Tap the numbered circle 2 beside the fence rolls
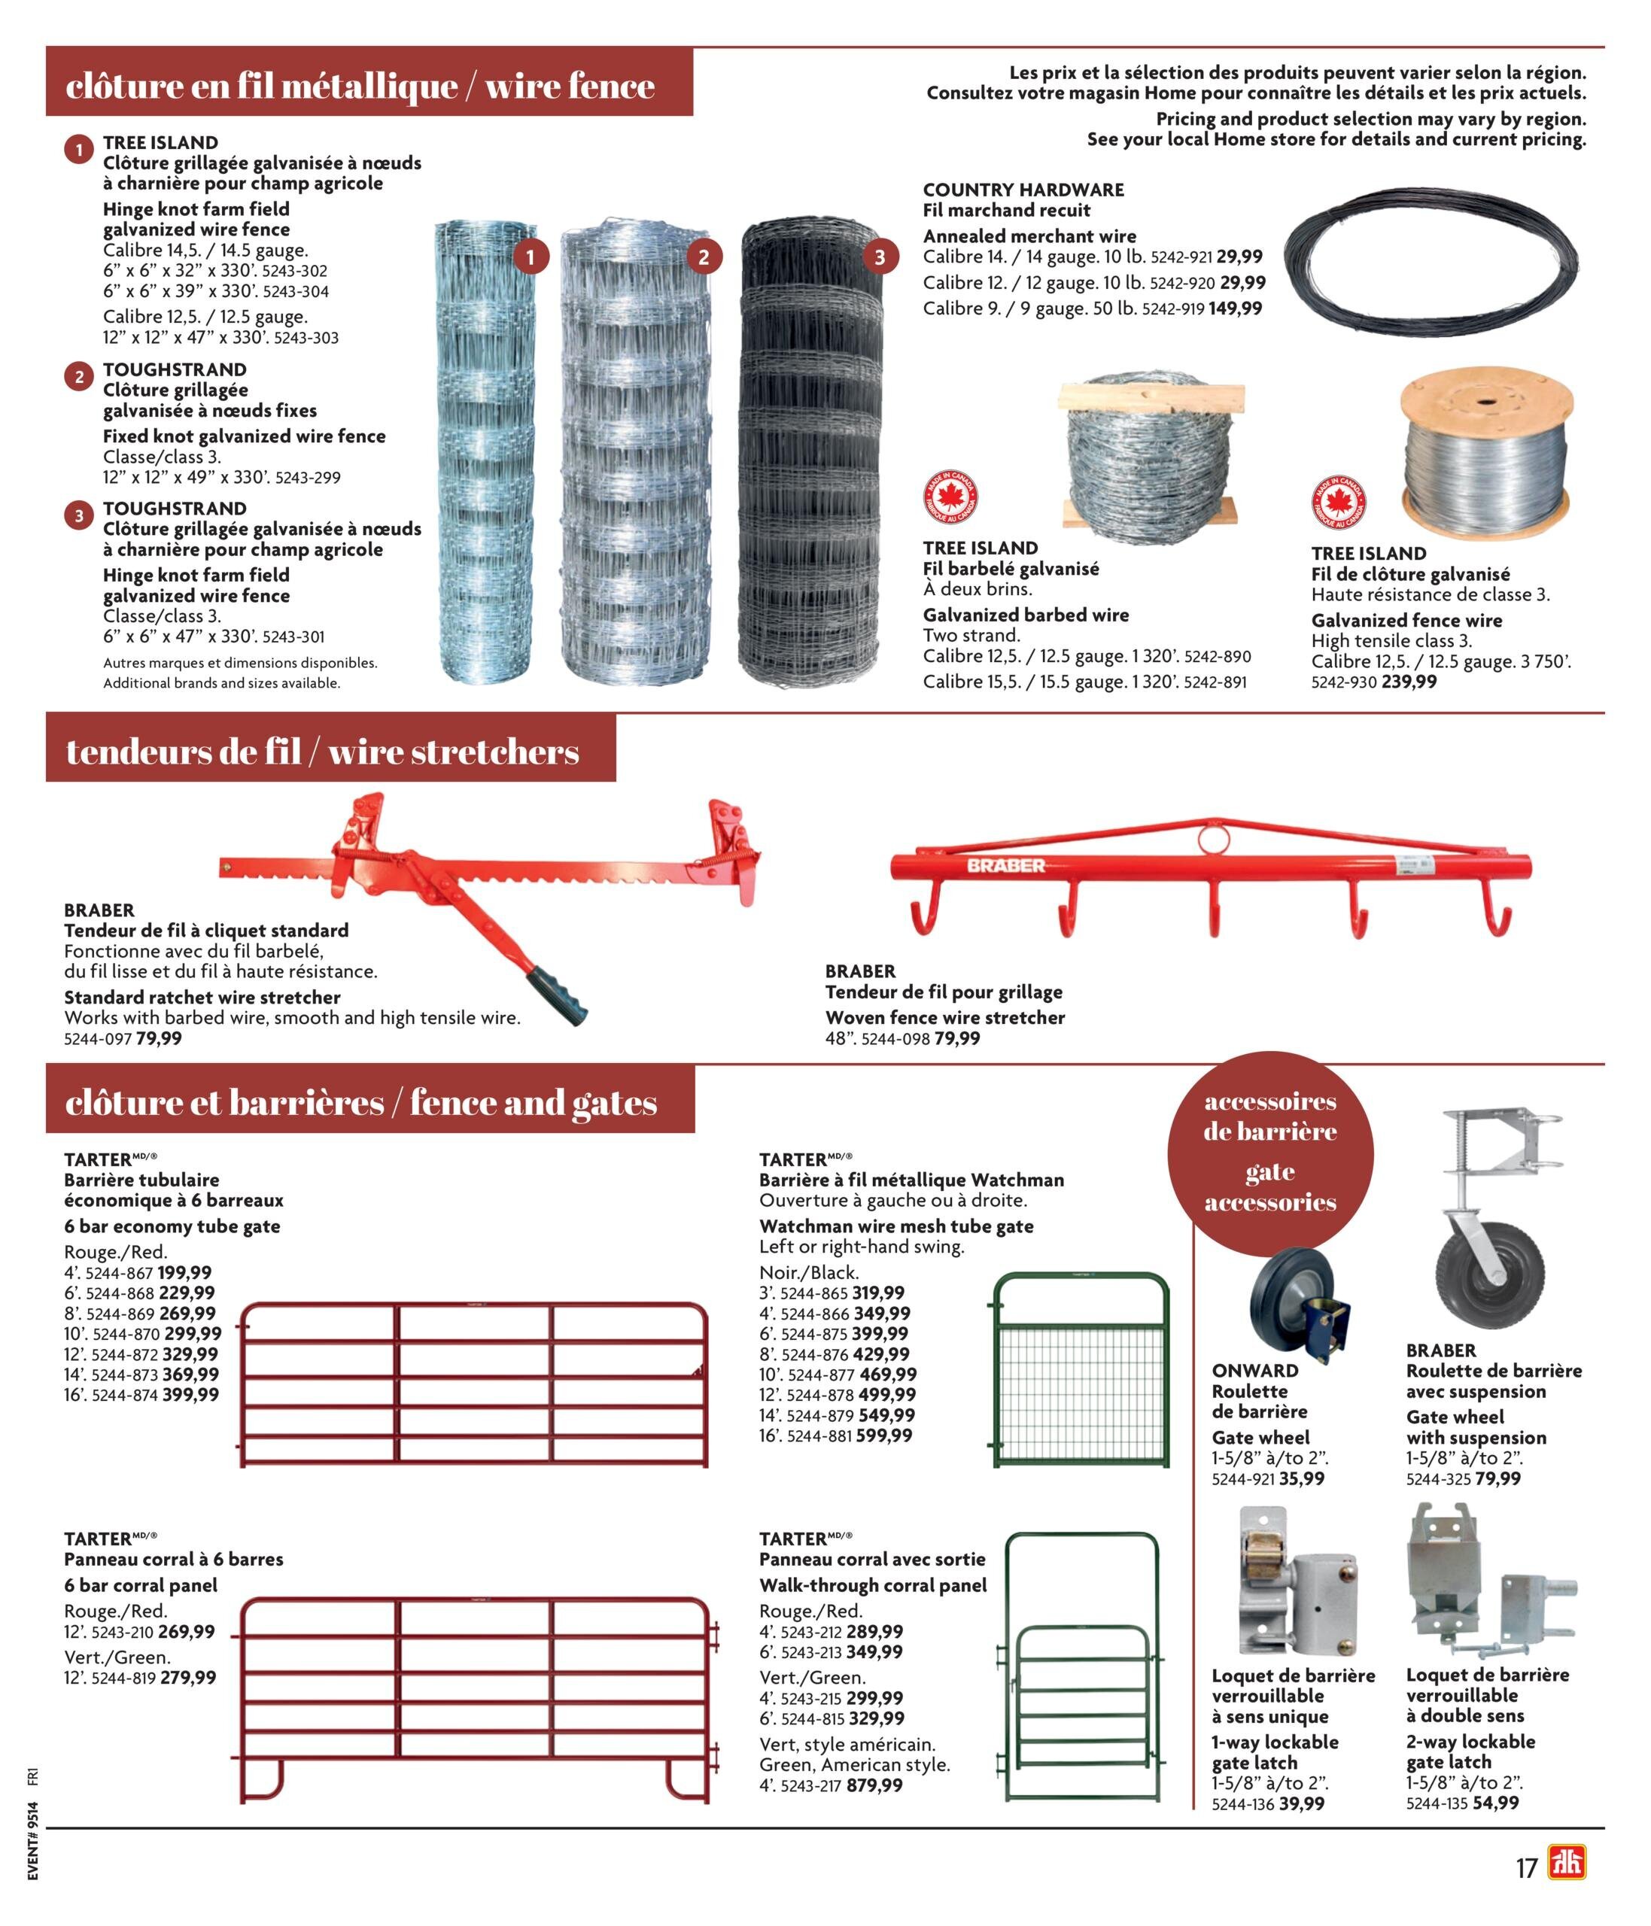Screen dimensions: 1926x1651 coord(704,257)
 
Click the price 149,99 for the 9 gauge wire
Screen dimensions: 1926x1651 coord(1236,308)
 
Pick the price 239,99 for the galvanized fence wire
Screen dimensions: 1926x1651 coord(1409,682)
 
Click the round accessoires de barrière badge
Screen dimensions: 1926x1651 coord(1270,1153)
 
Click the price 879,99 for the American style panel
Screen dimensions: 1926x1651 coord(874,1785)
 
